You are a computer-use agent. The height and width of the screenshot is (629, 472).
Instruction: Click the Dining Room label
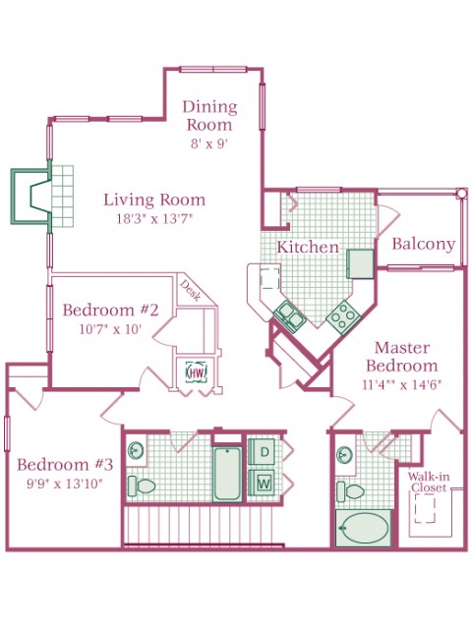[x=209, y=116]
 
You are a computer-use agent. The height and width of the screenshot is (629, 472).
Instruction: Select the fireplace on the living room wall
[x=31, y=196]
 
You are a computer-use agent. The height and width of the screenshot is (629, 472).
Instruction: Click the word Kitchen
[x=308, y=247]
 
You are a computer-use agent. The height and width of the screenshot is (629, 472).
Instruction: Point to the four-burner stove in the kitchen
[x=342, y=317]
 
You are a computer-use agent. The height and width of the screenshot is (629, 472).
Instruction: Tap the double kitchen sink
[x=289, y=316]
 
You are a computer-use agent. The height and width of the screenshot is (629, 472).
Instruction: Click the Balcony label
[x=424, y=244]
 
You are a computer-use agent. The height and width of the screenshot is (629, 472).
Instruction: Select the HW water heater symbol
[x=197, y=372]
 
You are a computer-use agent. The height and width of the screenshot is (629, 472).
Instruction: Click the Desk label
[x=190, y=290]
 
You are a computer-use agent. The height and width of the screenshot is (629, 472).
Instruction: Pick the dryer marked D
[x=263, y=452]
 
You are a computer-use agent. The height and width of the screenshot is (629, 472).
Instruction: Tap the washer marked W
[x=263, y=483]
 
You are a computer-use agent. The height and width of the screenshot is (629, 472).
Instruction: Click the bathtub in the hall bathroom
[x=227, y=474]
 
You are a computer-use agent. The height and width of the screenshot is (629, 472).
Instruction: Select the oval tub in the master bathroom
[x=364, y=528]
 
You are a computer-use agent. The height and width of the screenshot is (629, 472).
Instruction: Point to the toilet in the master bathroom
[x=349, y=491]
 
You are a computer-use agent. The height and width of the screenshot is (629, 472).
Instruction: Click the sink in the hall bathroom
[x=137, y=450]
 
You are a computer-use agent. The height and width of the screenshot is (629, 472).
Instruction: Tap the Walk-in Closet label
[x=429, y=483]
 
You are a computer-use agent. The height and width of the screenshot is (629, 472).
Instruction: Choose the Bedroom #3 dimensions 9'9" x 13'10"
[x=65, y=484]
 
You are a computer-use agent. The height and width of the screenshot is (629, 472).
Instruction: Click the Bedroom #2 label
[x=111, y=311]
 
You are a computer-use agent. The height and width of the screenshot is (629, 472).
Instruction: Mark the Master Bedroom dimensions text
[x=402, y=385]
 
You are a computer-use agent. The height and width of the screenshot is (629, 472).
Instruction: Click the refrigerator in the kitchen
[x=360, y=263]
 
